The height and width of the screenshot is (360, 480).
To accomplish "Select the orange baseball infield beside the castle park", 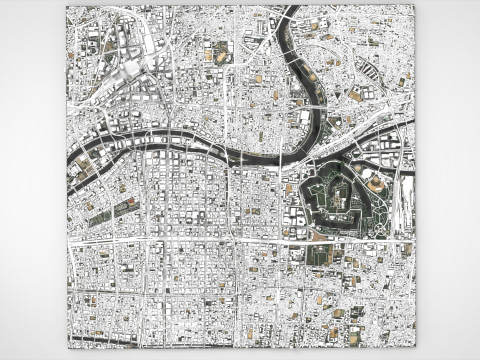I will [377, 187].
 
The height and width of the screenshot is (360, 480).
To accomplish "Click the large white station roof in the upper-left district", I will [133, 71].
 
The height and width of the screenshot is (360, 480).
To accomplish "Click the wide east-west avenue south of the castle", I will [240, 242].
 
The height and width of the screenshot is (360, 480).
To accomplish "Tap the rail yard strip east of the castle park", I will [404, 200].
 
